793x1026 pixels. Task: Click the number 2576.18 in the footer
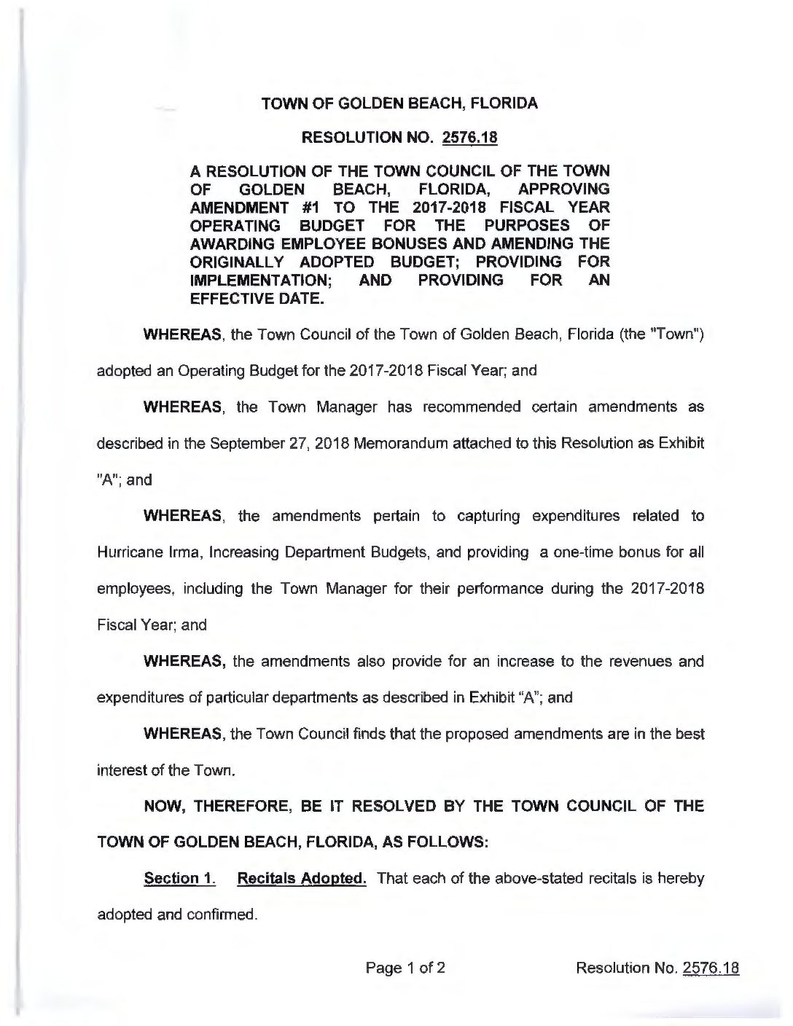[x=711, y=968]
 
